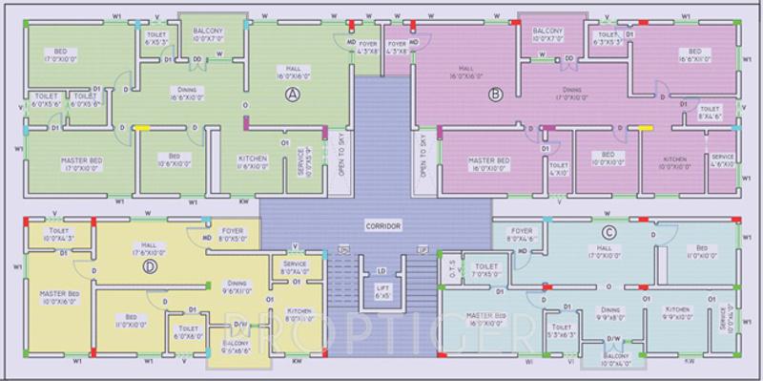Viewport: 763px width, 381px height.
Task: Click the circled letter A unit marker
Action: point(294,93)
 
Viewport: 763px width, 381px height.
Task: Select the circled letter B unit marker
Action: point(495,93)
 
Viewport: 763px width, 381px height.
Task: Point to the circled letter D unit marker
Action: point(149,267)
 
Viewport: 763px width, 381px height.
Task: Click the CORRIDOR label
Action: point(382,226)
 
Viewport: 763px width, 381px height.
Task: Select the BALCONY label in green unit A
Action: point(208,36)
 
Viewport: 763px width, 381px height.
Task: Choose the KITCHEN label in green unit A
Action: point(226,159)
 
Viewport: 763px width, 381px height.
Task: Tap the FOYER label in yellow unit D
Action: point(231,231)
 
